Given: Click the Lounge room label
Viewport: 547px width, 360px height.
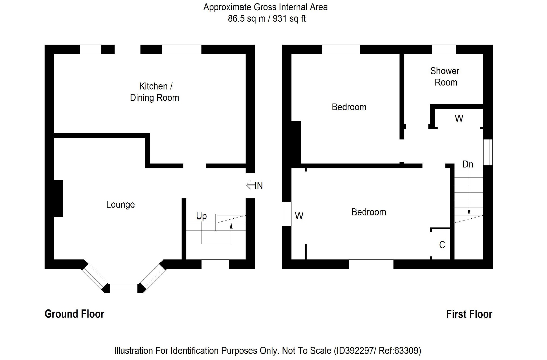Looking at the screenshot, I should (x=120, y=205).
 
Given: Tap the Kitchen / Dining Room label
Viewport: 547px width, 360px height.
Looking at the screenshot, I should (x=155, y=92).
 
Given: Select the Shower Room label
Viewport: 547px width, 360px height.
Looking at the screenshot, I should (x=445, y=76).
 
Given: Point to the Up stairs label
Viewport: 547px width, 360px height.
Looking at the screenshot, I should (x=201, y=216).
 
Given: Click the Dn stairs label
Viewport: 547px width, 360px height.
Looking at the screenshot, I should (x=468, y=164).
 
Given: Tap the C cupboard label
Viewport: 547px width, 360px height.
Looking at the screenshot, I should (x=442, y=245).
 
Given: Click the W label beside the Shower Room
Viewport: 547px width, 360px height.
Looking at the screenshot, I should (x=459, y=118).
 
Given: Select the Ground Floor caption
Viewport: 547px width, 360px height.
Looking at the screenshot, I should (x=74, y=314).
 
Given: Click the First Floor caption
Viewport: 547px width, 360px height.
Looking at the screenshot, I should (x=469, y=314).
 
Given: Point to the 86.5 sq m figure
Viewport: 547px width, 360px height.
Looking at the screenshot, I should (x=246, y=19).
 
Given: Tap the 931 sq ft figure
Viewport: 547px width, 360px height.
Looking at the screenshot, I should (x=289, y=19).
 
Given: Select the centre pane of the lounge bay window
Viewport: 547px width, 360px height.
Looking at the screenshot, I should (x=124, y=288).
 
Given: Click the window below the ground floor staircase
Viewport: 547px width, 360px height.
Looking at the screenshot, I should (x=215, y=264).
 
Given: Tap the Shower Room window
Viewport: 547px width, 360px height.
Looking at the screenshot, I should (x=443, y=49).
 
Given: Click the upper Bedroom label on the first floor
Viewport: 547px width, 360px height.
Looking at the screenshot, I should (x=349, y=107).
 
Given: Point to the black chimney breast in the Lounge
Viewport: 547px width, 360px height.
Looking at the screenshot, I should (x=58, y=198).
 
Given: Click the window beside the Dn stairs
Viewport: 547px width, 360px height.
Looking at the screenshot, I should (x=488, y=152).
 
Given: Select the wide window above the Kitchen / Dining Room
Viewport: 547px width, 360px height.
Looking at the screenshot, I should (x=182, y=49).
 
